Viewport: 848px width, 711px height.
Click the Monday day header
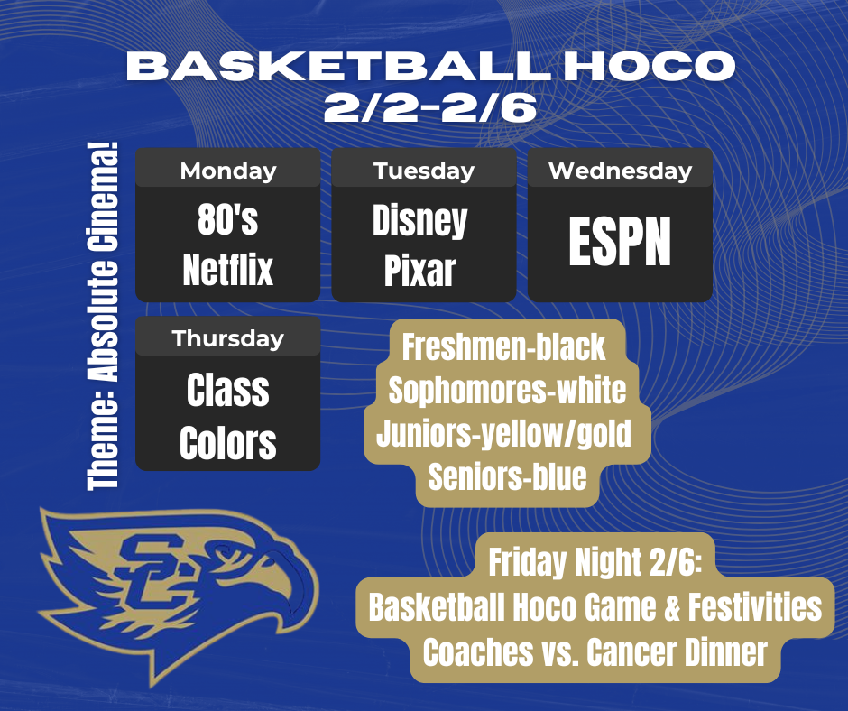[228, 170]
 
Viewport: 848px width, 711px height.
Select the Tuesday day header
[424, 170]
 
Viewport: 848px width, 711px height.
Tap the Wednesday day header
[620, 170]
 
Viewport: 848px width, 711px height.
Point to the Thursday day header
[228, 338]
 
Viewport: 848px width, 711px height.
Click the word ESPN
[620, 241]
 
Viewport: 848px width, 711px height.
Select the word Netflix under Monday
[228, 270]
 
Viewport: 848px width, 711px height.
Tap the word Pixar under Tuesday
[420, 271]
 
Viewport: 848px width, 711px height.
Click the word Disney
[420, 221]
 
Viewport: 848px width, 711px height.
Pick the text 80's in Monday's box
[228, 221]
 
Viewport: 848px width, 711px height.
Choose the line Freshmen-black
[503, 347]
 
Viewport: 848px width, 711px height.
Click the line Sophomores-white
[507, 391]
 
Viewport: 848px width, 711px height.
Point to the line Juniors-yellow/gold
[503, 434]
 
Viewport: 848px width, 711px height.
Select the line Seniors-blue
[507, 476]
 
